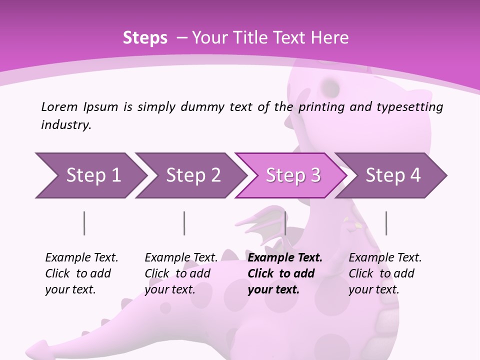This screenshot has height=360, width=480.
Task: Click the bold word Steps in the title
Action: (x=145, y=38)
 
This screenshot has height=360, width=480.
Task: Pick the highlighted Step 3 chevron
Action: (x=292, y=175)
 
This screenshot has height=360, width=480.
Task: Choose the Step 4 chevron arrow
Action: (x=392, y=175)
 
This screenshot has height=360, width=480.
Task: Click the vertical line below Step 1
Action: (x=84, y=223)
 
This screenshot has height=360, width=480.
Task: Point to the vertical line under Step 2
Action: (x=184, y=223)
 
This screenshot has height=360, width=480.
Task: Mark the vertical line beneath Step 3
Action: (x=285, y=223)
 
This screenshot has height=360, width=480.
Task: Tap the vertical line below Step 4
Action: (x=386, y=223)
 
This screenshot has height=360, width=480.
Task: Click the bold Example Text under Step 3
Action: (x=285, y=273)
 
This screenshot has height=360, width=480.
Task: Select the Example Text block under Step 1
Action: (x=81, y=273)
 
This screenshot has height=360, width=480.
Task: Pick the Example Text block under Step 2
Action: (x=181, y=273)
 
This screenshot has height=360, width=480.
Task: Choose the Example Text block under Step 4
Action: (x=385, y=273)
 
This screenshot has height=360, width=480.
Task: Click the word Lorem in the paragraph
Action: (x=59, y=106)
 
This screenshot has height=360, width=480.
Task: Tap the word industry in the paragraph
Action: (x=65, y=125)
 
